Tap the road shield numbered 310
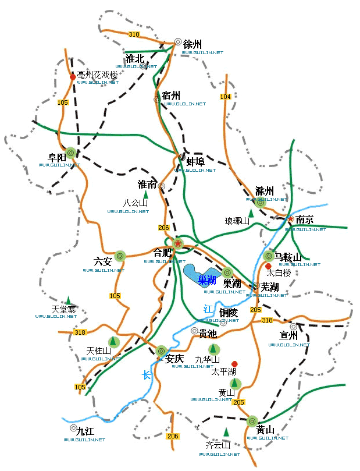[x=134, y=34]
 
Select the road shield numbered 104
[x=225, y=97]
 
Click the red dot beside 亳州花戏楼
[x=73, y=76]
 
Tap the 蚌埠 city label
[x=195, y=162]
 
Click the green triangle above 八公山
[x=146, y=196]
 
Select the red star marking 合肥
[x=178, y=243]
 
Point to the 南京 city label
[x=305, y=220]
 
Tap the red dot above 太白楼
[x=268, y=266]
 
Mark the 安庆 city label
[x=175, y=359]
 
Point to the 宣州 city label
[x=288, y=336]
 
